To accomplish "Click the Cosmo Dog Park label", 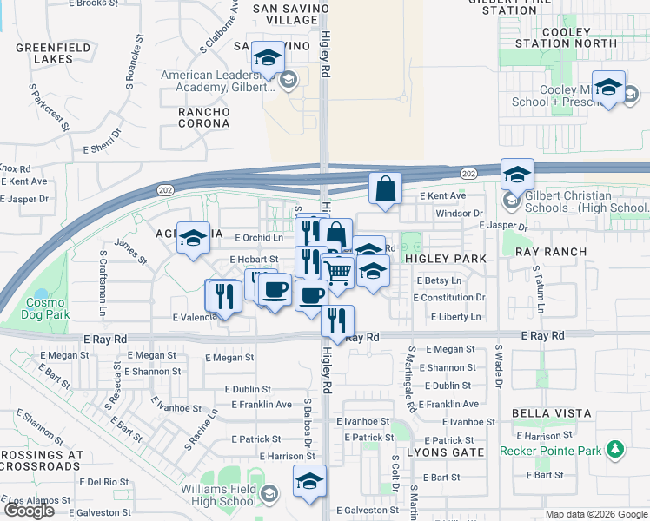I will pos(45,307).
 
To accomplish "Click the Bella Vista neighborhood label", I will pos(551,413).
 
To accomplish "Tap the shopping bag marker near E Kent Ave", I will pos(385,188).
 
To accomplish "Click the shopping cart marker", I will pos(338,274).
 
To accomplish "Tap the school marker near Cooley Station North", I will pos(609,87).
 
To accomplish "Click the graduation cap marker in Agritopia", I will pos(193,238).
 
